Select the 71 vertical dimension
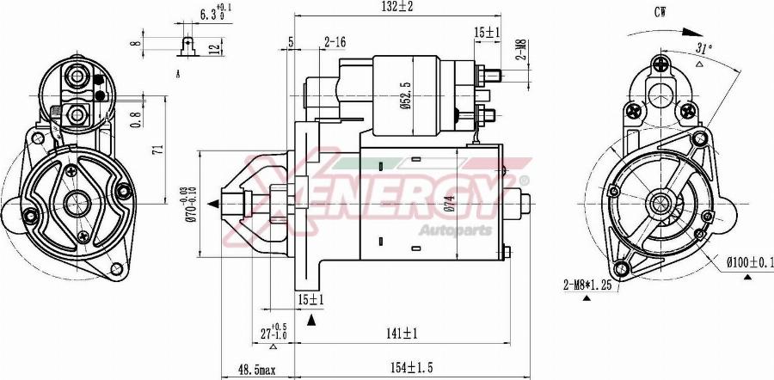tap(157, 150)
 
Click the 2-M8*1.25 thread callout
tap(587, 285)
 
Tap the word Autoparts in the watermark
tap(455, 230)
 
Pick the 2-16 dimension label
tap(335, 41)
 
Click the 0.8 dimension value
tap(135, 120)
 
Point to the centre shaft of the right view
tap(661, 204)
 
